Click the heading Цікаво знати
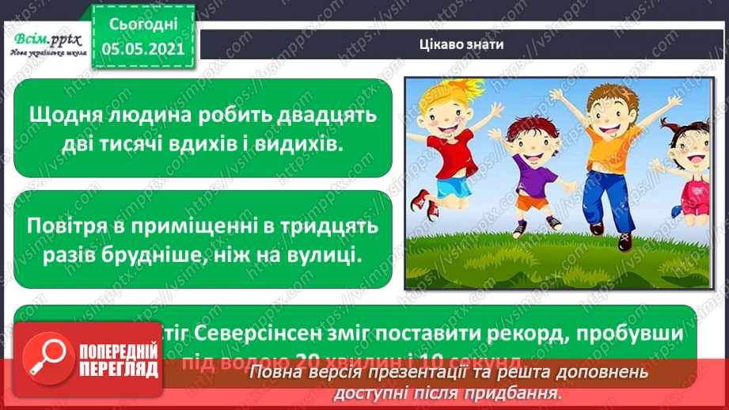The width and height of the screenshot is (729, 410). [x=461, y=44]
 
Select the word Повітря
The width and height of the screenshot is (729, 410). [x=70, y=226]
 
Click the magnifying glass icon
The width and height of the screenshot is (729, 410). [x=51, y=365]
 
